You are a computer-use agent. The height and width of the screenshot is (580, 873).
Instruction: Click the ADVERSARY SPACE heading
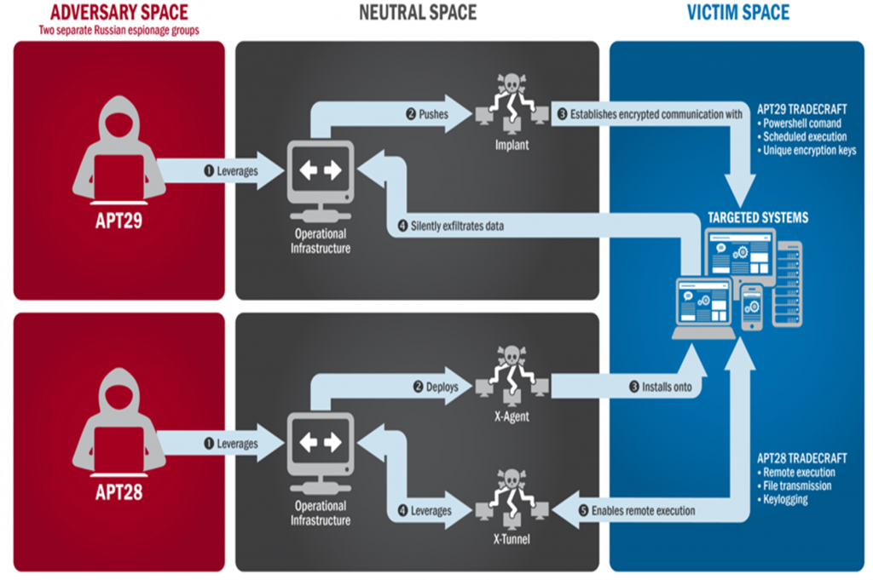(119, 12)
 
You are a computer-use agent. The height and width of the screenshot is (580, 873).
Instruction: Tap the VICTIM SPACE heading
(737, 12)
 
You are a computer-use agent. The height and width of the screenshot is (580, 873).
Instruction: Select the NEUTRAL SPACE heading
(418, 12)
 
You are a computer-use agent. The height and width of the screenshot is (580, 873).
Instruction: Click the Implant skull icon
(512, 104)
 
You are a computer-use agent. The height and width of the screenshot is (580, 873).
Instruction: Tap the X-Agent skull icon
(512, 376)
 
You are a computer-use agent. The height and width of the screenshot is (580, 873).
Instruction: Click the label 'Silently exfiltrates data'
(457, 226)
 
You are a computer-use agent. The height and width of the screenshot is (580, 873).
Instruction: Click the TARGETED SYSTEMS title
(758, 217)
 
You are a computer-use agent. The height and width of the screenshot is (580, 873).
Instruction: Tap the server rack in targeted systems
(787, 284)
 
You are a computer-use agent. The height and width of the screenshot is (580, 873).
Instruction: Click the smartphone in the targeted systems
(752, 307)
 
